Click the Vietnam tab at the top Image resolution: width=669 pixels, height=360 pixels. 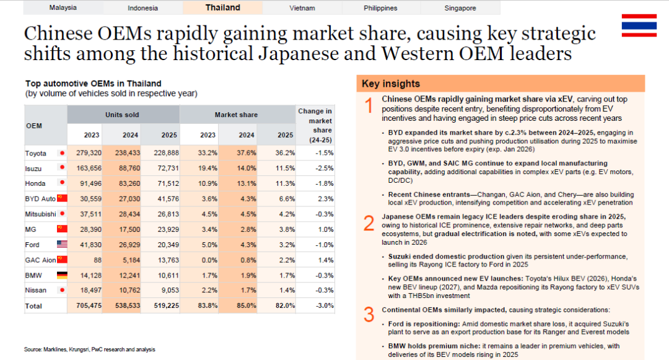(x=302, y=8)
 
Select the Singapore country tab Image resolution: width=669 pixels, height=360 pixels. (x=460, y=8)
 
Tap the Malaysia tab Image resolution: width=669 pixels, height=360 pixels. (x=63, y=7)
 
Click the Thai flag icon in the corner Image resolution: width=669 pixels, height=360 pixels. (x=639, y=25)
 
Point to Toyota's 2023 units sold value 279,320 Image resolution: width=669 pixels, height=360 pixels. (x=89, y=152)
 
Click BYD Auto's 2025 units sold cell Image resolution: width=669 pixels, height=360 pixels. (x=168, y=199)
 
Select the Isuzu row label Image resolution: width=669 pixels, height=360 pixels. (x=33, y=169)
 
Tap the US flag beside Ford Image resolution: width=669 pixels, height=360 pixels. (x=62, y=244)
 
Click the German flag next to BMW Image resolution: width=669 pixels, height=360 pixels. (x=62, y=275)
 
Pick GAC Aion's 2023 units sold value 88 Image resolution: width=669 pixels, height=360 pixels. (x=97, y=260)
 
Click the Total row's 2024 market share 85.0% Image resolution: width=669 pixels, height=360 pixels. (x=247, y=306)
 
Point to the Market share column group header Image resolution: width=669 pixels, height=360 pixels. (x=236, y=115)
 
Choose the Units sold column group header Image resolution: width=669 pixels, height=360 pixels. (x=122, y=115)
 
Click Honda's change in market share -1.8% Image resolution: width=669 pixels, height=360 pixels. (x=325, y=183)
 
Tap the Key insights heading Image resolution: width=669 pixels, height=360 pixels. (x=391, y=84)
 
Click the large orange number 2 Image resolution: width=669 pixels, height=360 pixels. (x=369, y=223)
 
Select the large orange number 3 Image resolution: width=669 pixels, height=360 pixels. (x=369, y=315)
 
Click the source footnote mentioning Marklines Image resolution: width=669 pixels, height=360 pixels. (x=90, y=349)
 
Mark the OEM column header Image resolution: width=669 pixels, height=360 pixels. (x=34, y=126)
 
